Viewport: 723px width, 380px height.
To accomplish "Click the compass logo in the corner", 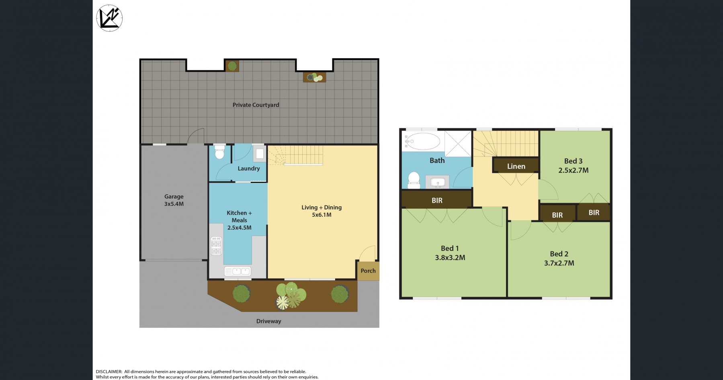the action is pyautogui.click(x=109, y=18).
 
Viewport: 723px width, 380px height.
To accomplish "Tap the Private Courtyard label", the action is pyautogui.click(x=256, y=105).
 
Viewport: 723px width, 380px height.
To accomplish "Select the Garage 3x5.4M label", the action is pyautogui.click(x=174, y=200).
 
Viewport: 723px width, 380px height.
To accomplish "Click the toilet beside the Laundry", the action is pyautogui.click(x=219, y=152).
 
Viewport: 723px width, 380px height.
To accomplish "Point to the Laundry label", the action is pyautogui.click(x=249, y=168).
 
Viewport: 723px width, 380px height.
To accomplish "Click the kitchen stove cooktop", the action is pyautogui.click(x=216, y=246).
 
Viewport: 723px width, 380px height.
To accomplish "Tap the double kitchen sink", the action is pyautogui.click(x=238, y=271).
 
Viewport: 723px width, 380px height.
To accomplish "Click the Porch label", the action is pyautogui.click(x=368, y=271).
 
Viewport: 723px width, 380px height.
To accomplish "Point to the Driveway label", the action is pyautogui.click(x=269, y=321).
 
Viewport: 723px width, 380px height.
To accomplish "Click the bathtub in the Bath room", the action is pyautogui.click(x=422, y=141).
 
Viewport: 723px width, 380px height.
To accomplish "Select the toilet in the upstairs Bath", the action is pyautogui.click(x=414, y=180).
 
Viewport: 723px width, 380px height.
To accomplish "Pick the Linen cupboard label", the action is pyautogui.click(x=516, y=166).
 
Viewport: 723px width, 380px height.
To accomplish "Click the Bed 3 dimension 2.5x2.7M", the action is pyautogui.click(x=573, y=170).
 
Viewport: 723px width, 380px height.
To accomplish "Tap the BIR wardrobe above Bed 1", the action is pyautogui.click(x=437, y=200).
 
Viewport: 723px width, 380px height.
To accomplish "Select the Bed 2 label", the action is pyautogui.click(x=559, y=254).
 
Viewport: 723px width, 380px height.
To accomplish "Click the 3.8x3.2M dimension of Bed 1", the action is pyautogui.click(x=450, y=258).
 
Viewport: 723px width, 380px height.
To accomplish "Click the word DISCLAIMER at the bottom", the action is pyautogui.click(x=109, y=372).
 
